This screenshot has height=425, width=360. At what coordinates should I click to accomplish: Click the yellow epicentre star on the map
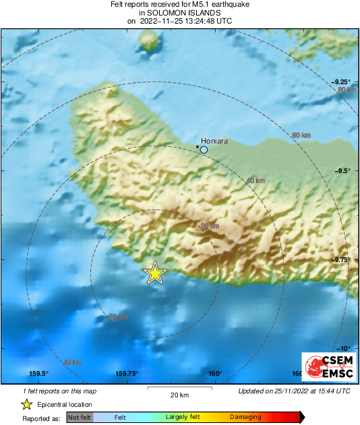coord(155,273)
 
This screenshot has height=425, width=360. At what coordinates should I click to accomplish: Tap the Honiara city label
coord(215,141)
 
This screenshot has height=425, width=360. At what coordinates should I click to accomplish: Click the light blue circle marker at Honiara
coord(204,150)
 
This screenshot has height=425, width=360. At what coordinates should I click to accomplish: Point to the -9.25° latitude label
coord(340,81)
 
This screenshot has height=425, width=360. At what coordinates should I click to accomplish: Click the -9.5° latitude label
coord(342,170)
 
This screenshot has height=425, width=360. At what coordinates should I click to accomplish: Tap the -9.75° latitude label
coord(340,259)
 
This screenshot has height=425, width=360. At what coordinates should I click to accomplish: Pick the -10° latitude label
coord(343,348)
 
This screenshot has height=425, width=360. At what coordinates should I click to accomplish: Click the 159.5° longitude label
coord(38,374)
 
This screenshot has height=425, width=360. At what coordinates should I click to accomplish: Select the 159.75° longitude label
coord(127,374)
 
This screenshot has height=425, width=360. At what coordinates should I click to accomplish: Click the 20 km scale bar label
coord(179,395)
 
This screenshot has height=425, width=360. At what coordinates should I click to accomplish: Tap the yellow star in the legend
coord(26,405)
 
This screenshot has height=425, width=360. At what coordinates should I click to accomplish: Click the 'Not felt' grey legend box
coord(80,418)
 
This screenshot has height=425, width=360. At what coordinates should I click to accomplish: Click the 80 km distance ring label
coord(347,90)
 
